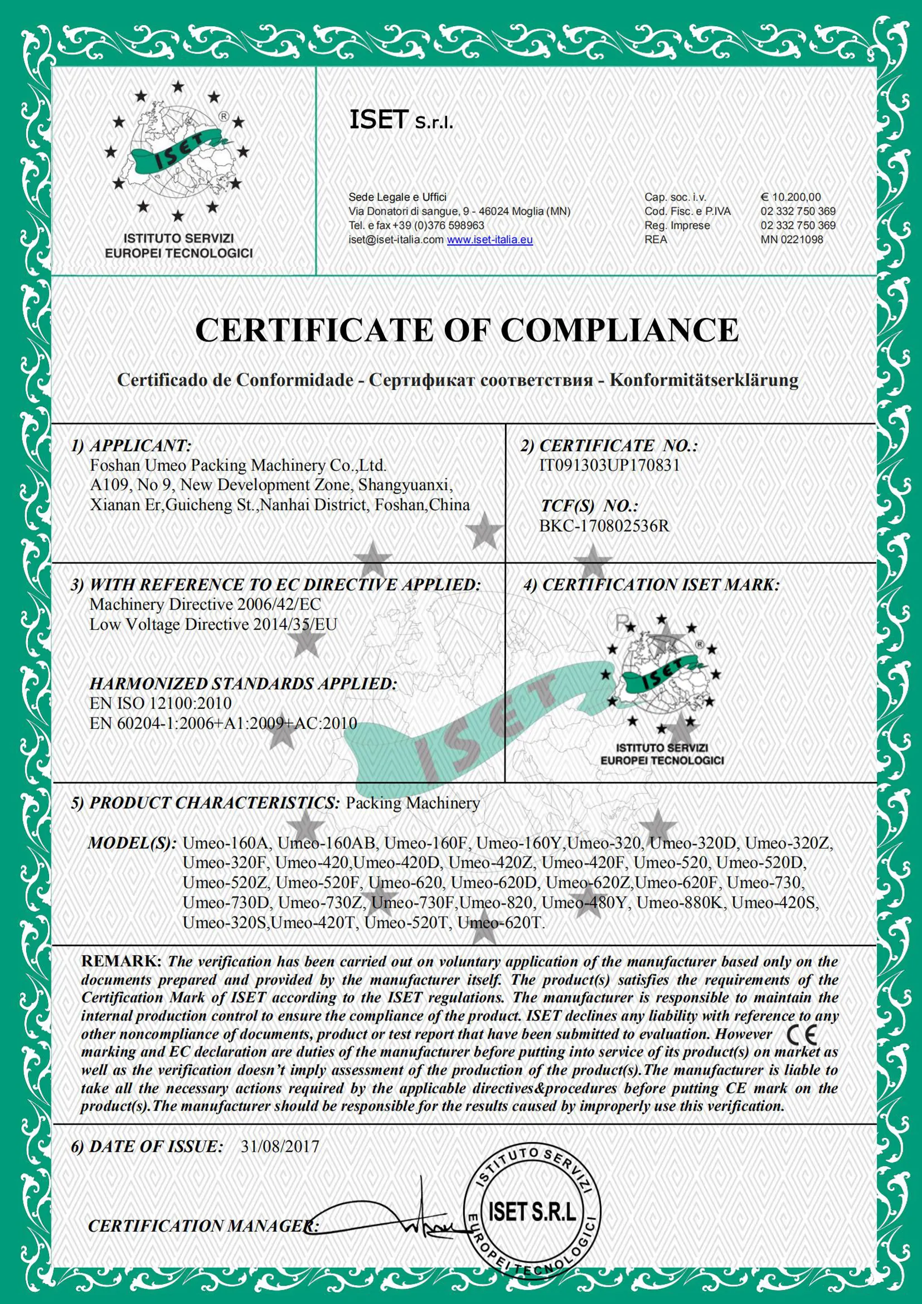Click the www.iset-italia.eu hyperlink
(x=489, y=240)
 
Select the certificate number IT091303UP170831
(x=609, y=466)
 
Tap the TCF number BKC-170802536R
(x=604, y=526)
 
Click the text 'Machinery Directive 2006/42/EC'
(x=205, y=604)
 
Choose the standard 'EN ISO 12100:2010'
(x=161, y=703)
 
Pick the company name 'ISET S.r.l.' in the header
(x=400, y=121)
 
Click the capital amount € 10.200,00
(x=790, y=197)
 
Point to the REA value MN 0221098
(x=792, y=240)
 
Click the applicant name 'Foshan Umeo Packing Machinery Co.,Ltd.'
(x=238, y=466)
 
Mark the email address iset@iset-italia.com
(x=396, y=240)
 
